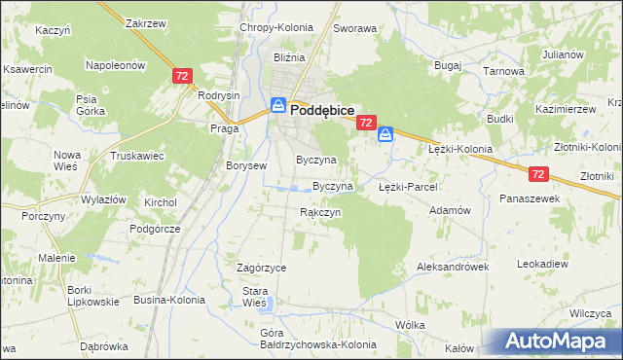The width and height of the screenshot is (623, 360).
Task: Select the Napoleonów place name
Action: [x=116, y=65]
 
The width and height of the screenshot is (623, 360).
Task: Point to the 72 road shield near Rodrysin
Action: [x=181, y=75]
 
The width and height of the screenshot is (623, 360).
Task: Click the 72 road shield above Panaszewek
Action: [x=540, y=173]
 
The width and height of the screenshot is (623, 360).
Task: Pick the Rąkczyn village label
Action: [x=320, y=211]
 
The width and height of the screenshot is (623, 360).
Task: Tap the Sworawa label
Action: [x=354, y=29]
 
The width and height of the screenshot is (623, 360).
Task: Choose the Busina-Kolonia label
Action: [x=169, y=300]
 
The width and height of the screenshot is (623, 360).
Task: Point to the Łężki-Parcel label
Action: [x=408, y=186]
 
